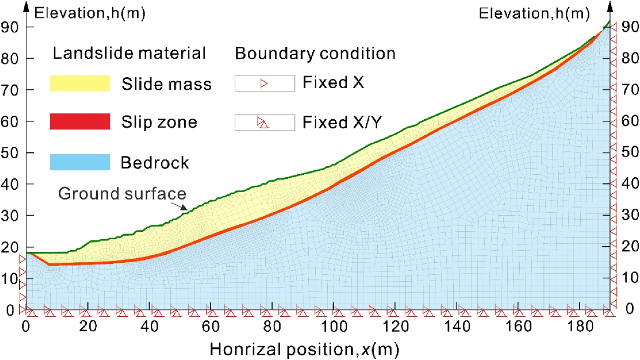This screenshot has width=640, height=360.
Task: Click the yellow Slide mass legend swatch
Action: click(80, 83)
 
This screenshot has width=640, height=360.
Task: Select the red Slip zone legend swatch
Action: click(80, 121)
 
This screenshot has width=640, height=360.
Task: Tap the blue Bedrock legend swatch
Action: click(80, 162)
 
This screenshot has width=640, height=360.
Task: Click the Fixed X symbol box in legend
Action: click(264, 83)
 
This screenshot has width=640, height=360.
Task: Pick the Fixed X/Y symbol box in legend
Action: click(264, 122)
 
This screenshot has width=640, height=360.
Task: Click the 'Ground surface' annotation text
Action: click(122, 193)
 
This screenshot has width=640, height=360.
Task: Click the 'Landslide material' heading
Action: click(129, 53)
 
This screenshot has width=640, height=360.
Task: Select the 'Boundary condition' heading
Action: click(315, 54)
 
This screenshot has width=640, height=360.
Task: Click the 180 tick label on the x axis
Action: click(580, 326)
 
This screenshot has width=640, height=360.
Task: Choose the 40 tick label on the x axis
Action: click(149, 326)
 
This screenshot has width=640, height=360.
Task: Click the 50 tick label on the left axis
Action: click(9, 153)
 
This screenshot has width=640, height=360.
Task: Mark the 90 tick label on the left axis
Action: click(9, 27)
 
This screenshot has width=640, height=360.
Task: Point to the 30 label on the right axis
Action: click(630, 215)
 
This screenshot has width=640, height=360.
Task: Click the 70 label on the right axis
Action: click(630, 89)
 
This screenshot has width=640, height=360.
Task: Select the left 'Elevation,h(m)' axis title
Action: click(90, 13)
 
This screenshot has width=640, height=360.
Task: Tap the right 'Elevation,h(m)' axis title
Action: click(534, 13)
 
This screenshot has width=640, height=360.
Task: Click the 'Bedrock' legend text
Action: click(155, 163)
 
